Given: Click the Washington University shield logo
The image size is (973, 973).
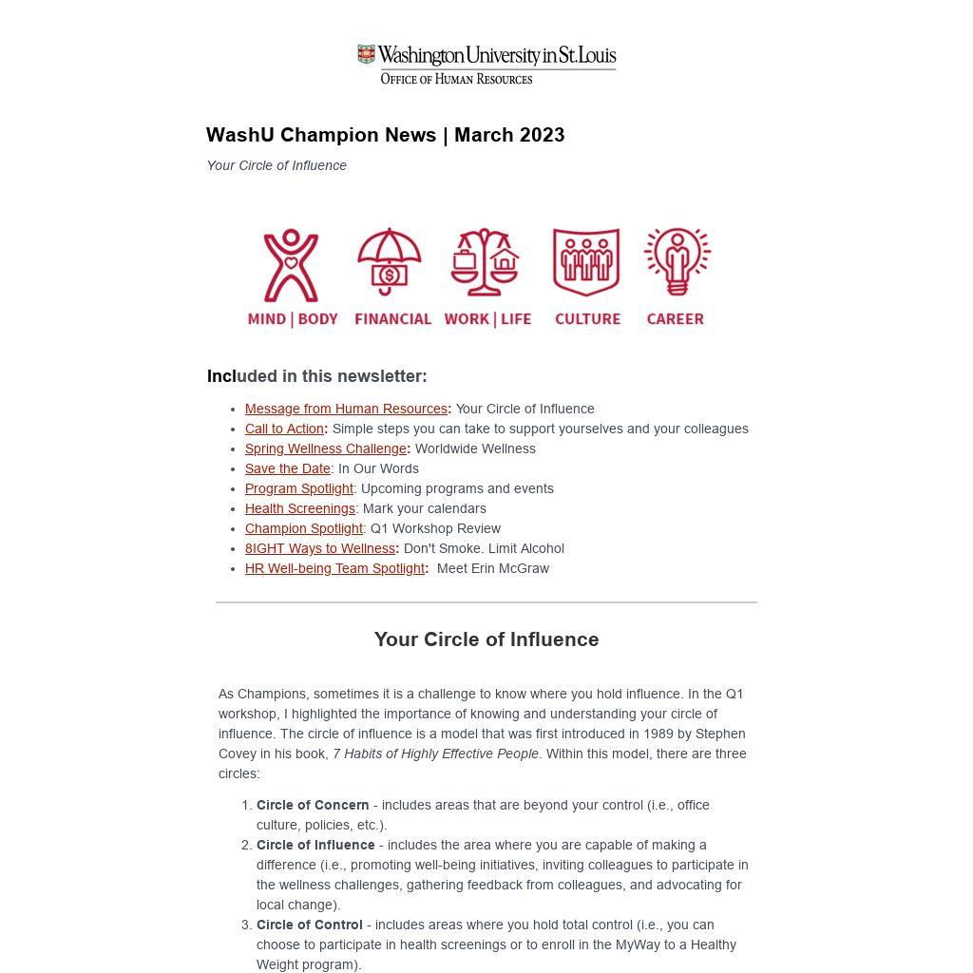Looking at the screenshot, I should coord(366,54).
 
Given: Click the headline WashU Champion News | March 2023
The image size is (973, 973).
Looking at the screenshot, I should coord(385,135).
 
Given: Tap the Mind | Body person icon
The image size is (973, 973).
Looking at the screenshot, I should coord(291,265).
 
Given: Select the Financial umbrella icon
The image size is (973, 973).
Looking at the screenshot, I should coord(389,260).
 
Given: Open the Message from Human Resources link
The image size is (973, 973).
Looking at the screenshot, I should coord(346,409).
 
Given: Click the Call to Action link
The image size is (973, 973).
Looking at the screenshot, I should coord(284,429).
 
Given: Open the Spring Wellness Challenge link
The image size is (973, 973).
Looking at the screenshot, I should coord(325,448).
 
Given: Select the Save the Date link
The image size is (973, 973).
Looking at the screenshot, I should coord(288,468).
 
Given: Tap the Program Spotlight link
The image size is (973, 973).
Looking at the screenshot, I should coord(299,488).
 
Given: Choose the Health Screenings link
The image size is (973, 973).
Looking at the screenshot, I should coord(300,508).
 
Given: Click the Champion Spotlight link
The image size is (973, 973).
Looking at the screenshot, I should coord(304,528).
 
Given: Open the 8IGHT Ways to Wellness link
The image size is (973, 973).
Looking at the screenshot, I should coord(320,548).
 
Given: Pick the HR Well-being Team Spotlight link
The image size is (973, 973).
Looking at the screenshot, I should coord(334,568).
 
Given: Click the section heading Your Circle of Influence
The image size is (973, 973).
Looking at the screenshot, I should coord(486,639).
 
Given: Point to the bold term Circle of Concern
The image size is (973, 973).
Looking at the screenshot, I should coord(313,805).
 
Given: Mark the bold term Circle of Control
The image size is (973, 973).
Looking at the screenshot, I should coord(310,925).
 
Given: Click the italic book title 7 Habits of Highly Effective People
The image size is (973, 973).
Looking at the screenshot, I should coord(435,754).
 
